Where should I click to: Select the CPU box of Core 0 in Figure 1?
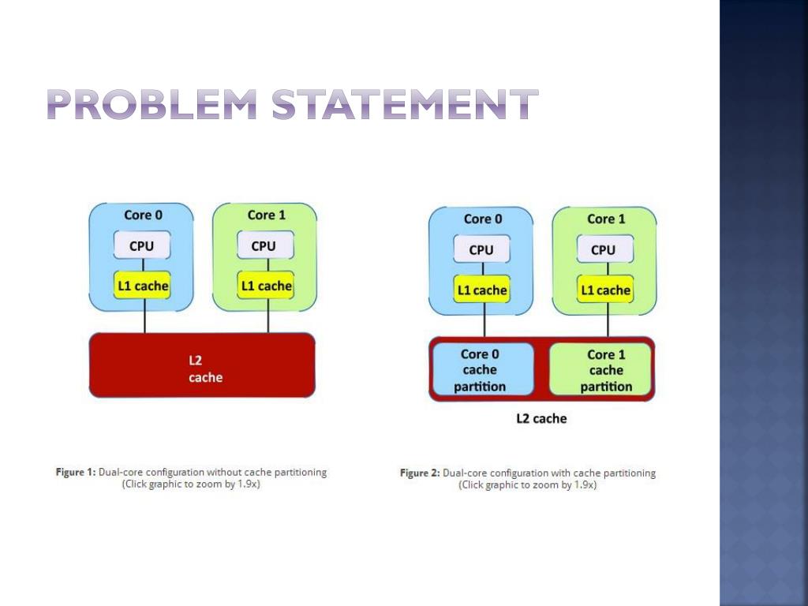[x=141, y=245]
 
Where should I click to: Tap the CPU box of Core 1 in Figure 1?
[x=264, y=245]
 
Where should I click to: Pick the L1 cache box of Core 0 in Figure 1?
[x=142, y=286]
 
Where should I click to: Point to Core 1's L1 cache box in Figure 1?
[x=266, y=286]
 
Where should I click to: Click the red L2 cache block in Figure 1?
[x=202, y=365]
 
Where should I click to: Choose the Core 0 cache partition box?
[x=480, y=369]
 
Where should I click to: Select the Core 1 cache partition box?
[x=605, y=369]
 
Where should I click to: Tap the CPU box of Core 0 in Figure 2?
[x=481, y=249]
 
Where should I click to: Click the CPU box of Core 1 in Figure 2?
[x=603, y=249]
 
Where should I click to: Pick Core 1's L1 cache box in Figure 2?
[x=605, y=290]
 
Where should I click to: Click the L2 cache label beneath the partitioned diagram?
[x=541, y=418]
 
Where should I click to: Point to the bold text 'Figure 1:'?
[x=76, y=472]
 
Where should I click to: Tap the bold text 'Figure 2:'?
[x=420, y=473]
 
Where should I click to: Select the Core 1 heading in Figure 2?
[x=606, y=219]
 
